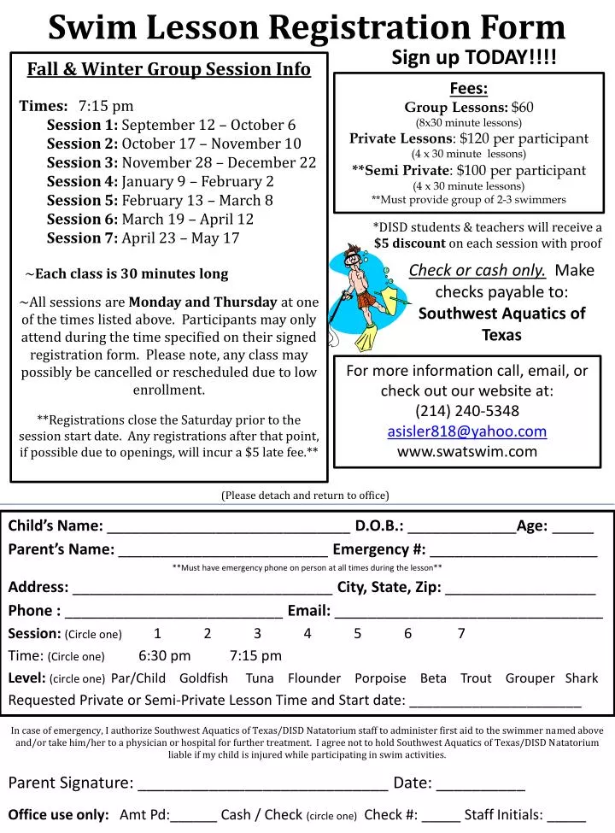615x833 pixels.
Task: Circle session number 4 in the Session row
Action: pos(307,633)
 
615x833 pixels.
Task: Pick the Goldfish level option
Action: pos(203,678)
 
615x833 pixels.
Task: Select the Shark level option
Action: pos(582,678)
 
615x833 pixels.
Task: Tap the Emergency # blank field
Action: pos(513,551)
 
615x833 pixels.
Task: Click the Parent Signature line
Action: pos(262,784)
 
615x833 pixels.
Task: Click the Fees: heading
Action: pos(468,89)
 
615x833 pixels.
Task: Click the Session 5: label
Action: pos(82,200)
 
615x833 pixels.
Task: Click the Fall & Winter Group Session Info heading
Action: pos(168,69)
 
